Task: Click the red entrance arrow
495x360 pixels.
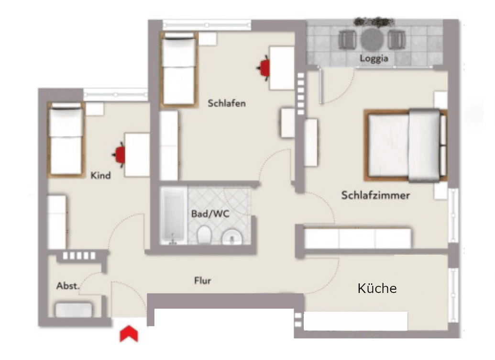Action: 129,334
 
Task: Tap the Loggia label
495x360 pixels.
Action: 374,59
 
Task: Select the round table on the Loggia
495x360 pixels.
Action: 373,39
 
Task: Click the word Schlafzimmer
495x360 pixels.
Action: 375,195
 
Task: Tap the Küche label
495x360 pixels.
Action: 377,289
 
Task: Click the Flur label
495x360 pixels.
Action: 203,281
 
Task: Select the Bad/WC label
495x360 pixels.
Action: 210,214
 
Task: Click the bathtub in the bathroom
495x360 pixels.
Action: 173,216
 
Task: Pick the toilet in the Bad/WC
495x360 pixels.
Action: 205,235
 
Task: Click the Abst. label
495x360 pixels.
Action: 67,286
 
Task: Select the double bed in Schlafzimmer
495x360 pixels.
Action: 406,146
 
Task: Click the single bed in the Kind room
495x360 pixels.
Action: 66,139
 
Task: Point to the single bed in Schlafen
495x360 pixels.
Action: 179,69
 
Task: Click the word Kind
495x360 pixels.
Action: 100,176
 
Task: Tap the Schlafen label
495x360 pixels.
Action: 227,103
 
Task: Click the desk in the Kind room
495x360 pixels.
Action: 137,155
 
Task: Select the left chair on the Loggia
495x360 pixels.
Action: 347,39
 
